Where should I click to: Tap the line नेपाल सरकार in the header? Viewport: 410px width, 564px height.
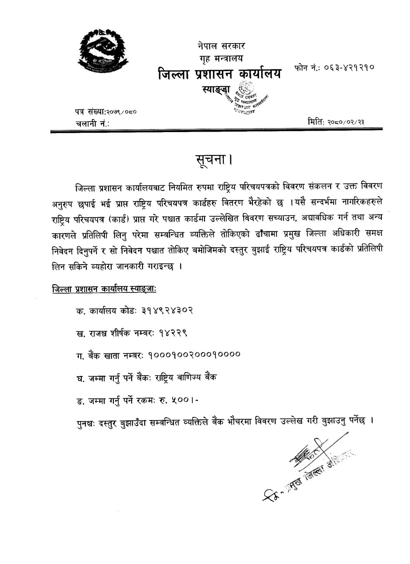coord(221,45)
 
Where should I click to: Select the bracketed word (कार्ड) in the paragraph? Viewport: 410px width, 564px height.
coord(136,218)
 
